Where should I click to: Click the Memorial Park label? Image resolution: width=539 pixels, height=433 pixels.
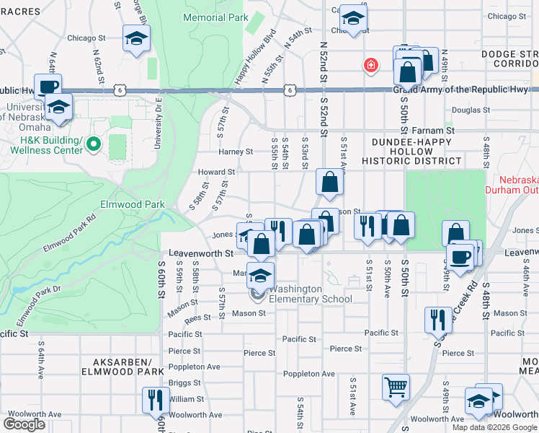pyautogui.click(x=215, y=17)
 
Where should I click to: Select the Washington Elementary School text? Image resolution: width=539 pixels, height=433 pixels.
pyautogui.click(x=311, y=294)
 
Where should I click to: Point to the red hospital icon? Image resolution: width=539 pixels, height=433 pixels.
pyautogui.click(x=371, y=66)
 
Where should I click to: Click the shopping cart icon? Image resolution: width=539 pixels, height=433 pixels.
pyautogui.click(x=396, y=386)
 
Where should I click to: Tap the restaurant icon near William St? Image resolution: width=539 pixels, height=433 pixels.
pyautogui.click(x=156, y=398)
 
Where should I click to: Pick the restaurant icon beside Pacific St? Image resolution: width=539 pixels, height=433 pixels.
pyautogui.click(x=437, y=318)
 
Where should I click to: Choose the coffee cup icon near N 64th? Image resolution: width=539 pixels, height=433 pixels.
pyautogui.click(x=48, y=86)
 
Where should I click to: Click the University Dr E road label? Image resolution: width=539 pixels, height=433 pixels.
pyautogui.click(x=157, y=123)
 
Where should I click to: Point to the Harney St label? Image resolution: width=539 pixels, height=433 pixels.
pyautogui.click(x=236, y=152)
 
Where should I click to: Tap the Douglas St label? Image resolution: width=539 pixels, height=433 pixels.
pyautogui.click(x=471, y=110)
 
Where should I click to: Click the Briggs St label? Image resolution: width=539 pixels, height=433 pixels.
pyautogui.click(x=184, y=383)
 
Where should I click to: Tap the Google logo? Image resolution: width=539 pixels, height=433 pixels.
pyautogui.click(x=24, y=424)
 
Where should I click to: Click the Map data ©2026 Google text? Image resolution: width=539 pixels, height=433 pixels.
pyautogui.click(x=494, y=427)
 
